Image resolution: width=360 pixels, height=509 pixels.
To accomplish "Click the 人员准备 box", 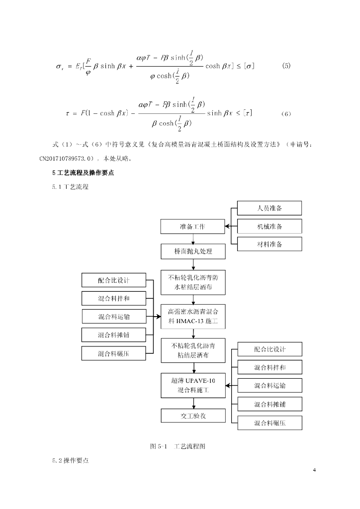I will [270, 208].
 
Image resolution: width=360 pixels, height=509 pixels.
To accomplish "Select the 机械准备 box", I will [270, 226].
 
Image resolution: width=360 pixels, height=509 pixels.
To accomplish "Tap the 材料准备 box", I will [270, 244].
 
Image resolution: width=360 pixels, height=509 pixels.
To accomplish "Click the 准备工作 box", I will [192, 227].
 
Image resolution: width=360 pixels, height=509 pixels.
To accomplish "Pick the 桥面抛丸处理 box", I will [193, 252].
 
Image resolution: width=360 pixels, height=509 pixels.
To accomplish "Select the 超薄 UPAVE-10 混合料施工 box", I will [193, 386].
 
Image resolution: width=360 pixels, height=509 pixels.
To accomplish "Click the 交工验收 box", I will [193, 416].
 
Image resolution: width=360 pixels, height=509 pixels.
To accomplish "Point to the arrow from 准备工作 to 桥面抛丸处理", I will [193, 239].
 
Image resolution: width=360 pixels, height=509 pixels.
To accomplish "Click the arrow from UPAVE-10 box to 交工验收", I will [193, 403].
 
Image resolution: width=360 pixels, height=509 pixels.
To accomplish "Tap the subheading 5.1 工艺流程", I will [70, 187].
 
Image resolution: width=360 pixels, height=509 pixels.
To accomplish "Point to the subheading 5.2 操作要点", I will [70, 461].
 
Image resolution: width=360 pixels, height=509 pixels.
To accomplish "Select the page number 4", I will [314, 470].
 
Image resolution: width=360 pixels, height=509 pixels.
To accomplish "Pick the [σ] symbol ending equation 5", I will [247, 66].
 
